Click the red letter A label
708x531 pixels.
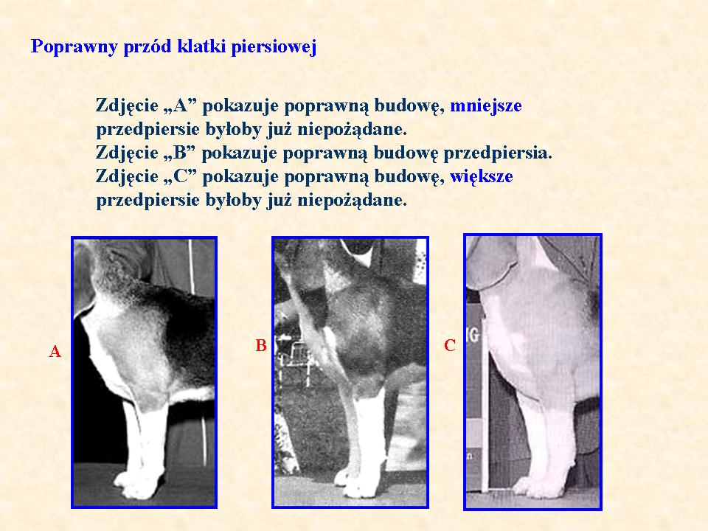point(55,351)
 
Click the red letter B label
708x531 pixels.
point(261,345)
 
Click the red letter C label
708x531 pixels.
point(450,345)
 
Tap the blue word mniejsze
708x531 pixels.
point(486,105)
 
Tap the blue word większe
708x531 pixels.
point(482,176)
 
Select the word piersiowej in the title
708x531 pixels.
point(274,47)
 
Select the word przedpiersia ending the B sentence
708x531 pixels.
point(498,153)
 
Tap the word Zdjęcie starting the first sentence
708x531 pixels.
point(126,106)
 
